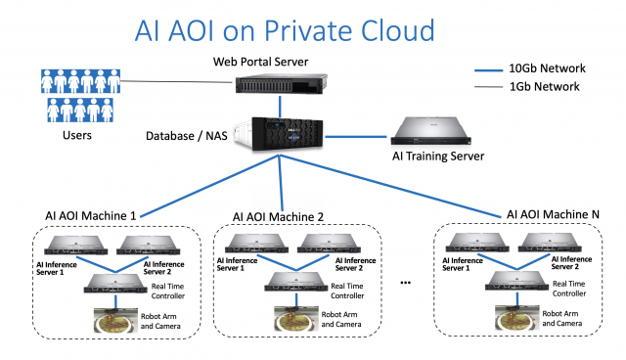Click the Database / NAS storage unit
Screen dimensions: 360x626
281,134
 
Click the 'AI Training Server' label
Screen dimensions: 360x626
438,157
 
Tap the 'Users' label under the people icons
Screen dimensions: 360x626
75,135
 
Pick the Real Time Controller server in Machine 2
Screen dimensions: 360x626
297,284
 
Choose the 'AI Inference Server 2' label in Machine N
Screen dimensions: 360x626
562,262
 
